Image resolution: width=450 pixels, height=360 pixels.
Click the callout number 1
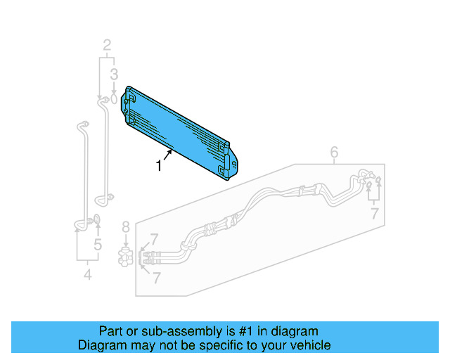[159, 166]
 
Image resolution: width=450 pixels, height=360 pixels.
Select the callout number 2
[107, 46]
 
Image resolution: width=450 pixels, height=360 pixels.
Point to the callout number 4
[87, 275]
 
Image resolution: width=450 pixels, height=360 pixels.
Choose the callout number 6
[334, 153]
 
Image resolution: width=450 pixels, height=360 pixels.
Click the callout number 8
[126, 227]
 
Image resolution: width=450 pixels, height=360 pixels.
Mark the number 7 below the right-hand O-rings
[375, 212]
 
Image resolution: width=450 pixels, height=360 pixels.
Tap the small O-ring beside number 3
[112, 100]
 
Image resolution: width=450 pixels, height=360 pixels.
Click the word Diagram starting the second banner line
[101, 345]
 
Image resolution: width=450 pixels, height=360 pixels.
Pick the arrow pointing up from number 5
[98, 232]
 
